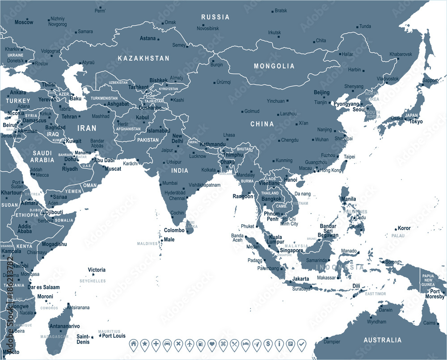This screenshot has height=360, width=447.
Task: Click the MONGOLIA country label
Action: point(274,66)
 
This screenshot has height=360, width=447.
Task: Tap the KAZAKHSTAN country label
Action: point(143,59)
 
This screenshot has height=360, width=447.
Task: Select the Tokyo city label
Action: point(416,121)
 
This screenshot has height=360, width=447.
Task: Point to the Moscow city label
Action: point(24,22)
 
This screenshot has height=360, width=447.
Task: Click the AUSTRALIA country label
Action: point(382,340)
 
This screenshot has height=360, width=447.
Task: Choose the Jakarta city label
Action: point(300,279)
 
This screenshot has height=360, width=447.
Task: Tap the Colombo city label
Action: point(174,230)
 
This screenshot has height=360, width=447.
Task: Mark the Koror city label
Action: point(405,228)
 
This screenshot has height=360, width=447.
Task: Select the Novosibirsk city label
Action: point(208,28)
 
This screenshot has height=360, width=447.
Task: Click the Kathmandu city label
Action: point(212,144)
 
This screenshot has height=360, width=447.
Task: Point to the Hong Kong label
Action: point(331,171)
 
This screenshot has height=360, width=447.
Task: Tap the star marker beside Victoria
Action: point(93,275)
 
